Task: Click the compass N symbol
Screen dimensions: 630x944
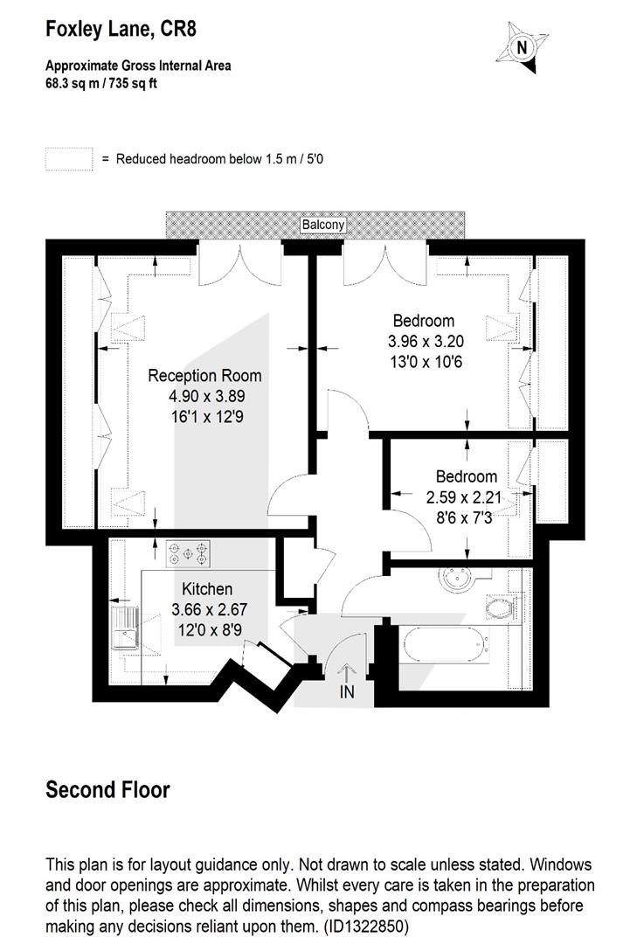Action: pyautogui.click(x=522, y=47)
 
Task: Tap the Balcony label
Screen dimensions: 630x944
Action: pyautogui.click(x=323, y=225)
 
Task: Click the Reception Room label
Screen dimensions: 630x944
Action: pyautogui.click(x=204, y=376)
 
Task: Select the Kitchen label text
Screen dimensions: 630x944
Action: pyautogui.click(x=207, y=589)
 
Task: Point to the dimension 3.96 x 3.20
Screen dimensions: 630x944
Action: pyautogui.click(x=426, y=342)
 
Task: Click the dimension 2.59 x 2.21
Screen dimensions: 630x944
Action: pyautogui.click(x=463, y=497)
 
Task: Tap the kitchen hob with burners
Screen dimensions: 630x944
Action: pyautogui.click(x=189, y=553)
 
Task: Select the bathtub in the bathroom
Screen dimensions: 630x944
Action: pyautogui.click(x=446, y=644)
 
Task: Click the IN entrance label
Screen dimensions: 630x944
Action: pyautogui.click(x=347, y=692)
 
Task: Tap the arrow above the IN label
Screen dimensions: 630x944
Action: pyautogui.click(x=347, y=672)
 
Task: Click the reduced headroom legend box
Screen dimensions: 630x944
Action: pyautogui.click(x=69, y=160)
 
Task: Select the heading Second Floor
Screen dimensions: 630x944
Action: pyautogui.click(x=107, y=790)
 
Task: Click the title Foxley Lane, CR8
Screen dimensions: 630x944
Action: pyautogui.click(x=121, y=29)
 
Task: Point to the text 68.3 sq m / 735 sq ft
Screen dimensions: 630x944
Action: pyautogui.click(x=101, y=83)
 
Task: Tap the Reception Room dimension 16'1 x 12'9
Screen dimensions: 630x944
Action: pyautogui.click(x=207, y=417)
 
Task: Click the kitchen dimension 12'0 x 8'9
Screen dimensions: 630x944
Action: pyautogui.click(x=210, y=630)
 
